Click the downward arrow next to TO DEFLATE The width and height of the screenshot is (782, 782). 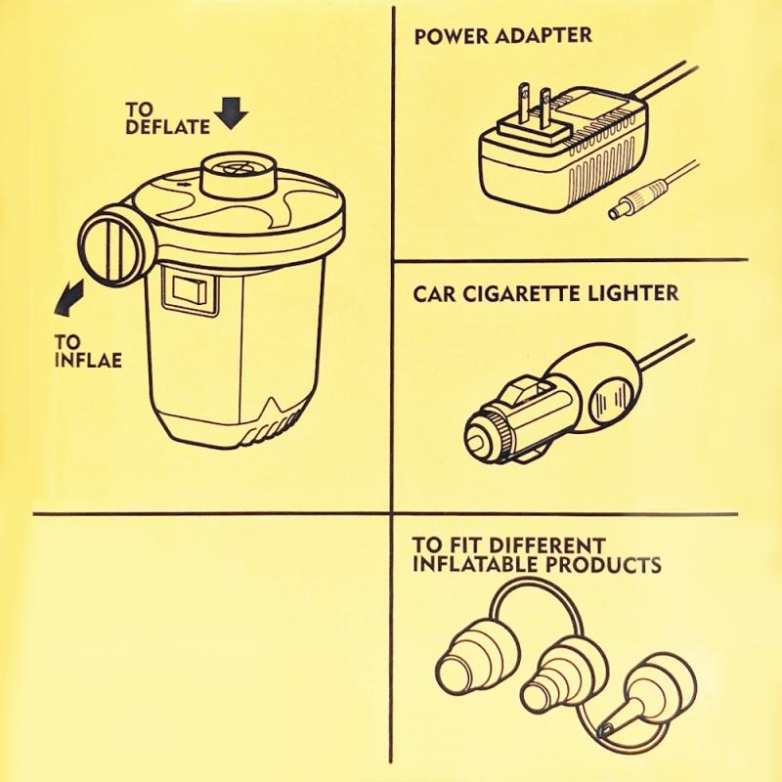point(232,113)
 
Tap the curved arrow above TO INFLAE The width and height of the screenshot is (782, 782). point(68,298)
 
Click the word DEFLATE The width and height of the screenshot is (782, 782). point(167,127)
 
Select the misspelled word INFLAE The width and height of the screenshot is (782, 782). point(88,360)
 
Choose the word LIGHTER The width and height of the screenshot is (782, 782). point(632,293)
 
